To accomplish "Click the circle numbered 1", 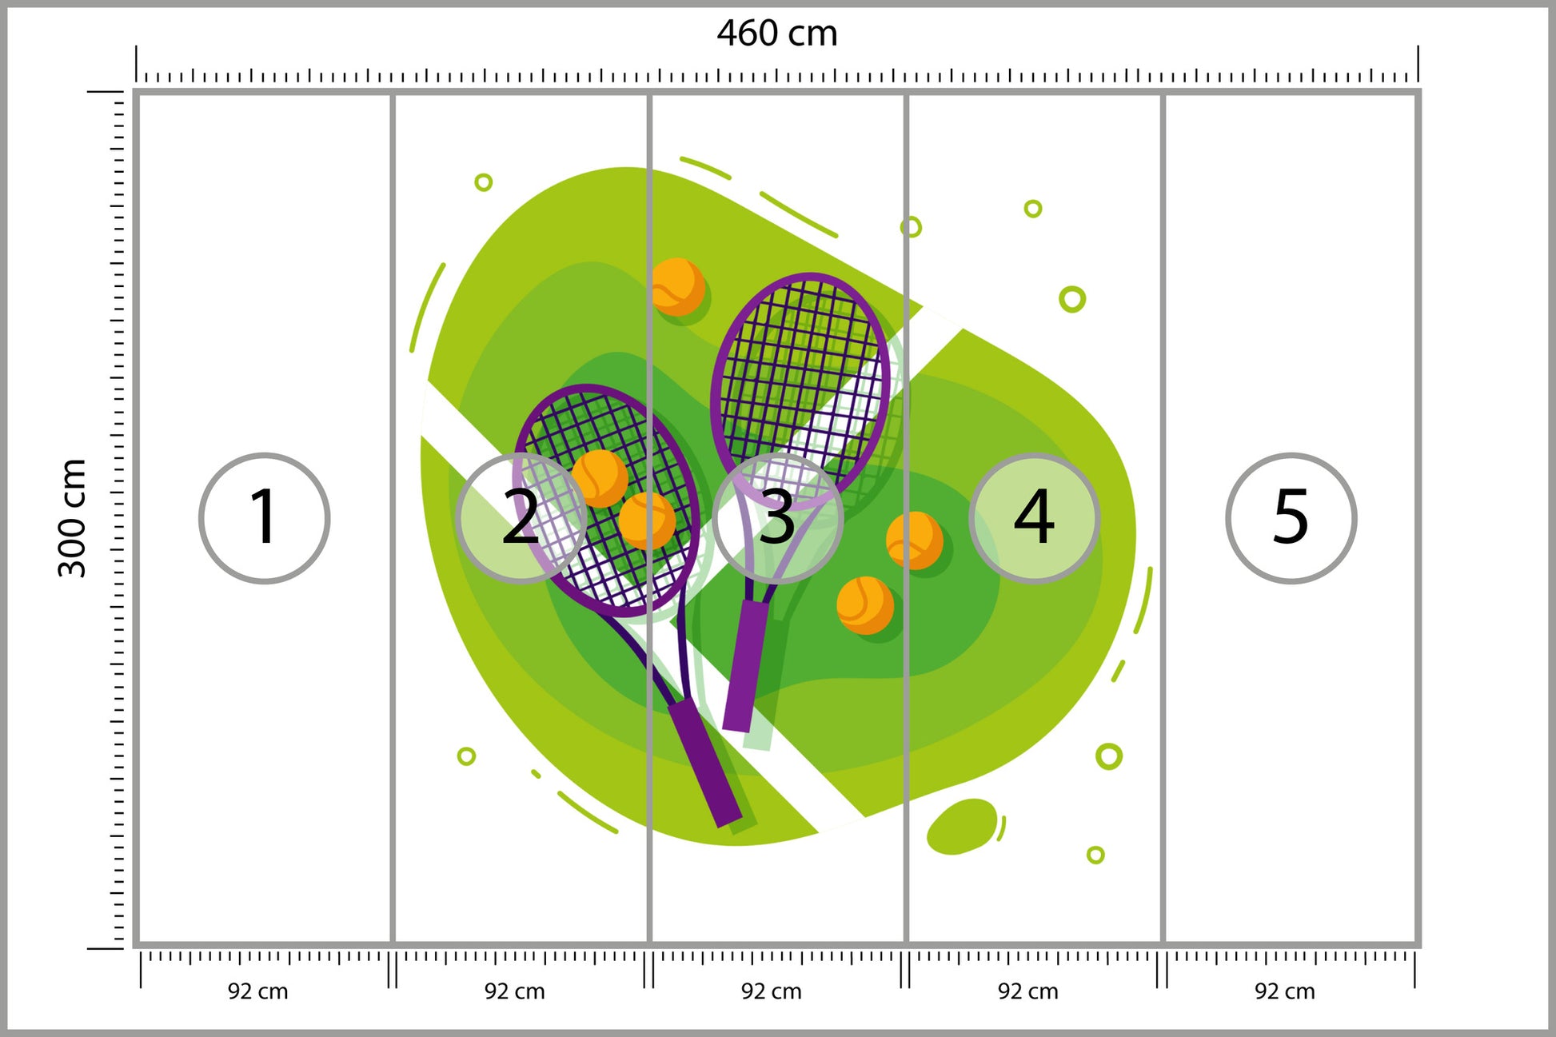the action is point(264,518).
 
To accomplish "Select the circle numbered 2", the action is point(521,518).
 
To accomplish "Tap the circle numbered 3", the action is point(777,518).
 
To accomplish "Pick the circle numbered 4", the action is point(1034,518).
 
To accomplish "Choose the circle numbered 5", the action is point(1291,518).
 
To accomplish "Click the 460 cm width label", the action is point(776,34).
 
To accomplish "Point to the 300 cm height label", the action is point(72,518).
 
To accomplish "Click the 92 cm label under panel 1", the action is point(257,991).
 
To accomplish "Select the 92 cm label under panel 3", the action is point(771,991).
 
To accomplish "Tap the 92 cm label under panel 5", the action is point(1284,991).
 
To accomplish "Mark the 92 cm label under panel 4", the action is point(1027,991).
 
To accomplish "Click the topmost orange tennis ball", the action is point(678,286).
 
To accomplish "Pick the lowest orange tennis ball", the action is point(865,605).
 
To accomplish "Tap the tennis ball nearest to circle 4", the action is point(915,540).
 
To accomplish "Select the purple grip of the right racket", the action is point(745,665).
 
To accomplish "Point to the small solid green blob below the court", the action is point(963,827).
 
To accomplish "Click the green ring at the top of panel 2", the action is point(483,182).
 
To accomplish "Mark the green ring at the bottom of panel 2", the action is point(466,756).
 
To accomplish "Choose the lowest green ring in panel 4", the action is point(1095,855).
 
